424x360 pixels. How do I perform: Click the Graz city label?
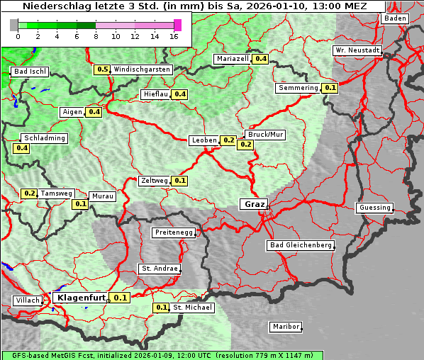click(x=254, y=204)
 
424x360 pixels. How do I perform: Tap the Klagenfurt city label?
click(x=81, y=298)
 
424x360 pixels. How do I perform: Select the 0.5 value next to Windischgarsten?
click(x=102, y=69)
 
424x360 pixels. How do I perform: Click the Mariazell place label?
click(x=233, y=59)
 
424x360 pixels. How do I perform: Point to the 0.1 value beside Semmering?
click(x=330, y=88)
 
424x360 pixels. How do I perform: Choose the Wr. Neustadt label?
click(x=357, y=51)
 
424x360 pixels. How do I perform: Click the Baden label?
click(x=395, y=18)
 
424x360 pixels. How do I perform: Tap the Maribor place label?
click(x=286, y=327)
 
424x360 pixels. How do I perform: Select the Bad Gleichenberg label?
click(x=300, y=245)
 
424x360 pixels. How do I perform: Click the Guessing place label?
click(x=374, y=208)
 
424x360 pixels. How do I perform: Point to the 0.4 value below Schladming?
click(x=21, y=148)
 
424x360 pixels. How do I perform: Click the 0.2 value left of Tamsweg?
click(x=29, y=193)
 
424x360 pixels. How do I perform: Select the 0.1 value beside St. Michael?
click(x=161, y=308)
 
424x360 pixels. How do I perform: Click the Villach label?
click(x=27, y=300)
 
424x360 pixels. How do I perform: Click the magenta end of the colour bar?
click(x=177, y=25)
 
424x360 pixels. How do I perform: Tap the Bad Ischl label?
click(x=30, y=72)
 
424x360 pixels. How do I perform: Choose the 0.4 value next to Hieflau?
click(x=180, y=94)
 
